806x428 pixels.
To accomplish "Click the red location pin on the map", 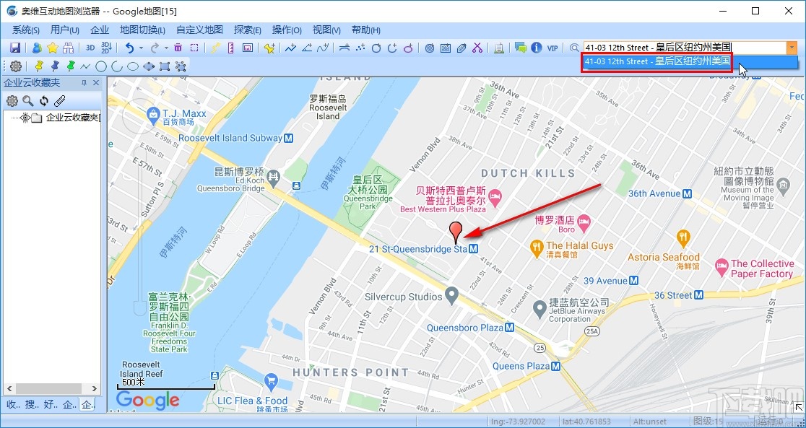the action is point(455,231).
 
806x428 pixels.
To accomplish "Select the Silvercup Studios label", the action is point(403,297).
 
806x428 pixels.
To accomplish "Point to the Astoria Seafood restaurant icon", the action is point(682,238).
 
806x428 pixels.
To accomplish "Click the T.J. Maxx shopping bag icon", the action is point(152,113).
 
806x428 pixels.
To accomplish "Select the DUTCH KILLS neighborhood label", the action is point(528,173).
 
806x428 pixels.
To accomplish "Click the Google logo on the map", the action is point(147,401).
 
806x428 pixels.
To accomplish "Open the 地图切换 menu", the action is point(142,30).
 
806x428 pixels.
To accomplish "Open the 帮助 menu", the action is point(365,30).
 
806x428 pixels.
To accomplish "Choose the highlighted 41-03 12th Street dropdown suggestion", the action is point(656,61).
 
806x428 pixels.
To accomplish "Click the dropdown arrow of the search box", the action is point(792,48).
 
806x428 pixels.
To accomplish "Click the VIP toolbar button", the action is point(552,48).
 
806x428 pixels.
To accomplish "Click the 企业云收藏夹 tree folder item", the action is point(72,118).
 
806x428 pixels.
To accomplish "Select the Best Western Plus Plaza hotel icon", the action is point(495,196).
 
